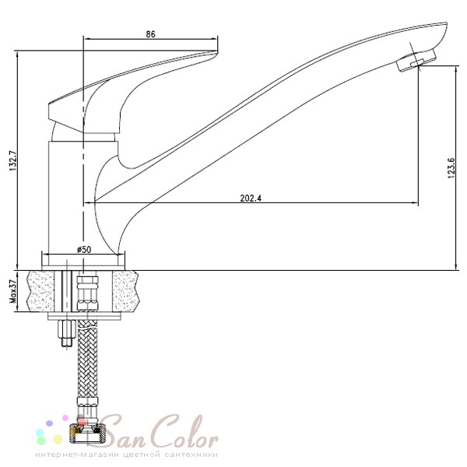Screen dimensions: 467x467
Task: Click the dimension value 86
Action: [151, 34]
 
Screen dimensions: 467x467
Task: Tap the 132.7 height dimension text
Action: [13, 161]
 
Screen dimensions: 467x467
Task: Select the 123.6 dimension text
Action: [451, 168]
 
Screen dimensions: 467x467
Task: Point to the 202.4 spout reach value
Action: [251, 198]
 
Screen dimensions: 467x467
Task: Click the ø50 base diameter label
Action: [84, 249]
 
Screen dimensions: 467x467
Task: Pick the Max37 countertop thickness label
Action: [13, 292]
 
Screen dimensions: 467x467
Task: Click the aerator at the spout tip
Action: [416, 60]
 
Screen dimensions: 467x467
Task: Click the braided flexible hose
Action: [87, 358]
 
